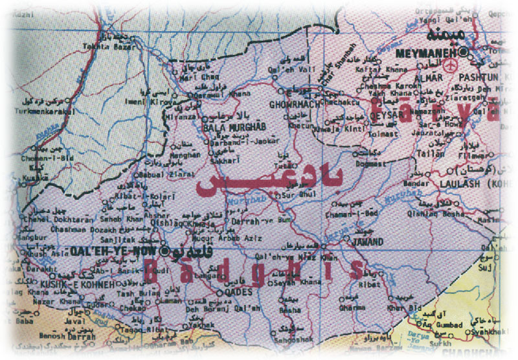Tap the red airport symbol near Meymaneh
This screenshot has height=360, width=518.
(x=451, y=65)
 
